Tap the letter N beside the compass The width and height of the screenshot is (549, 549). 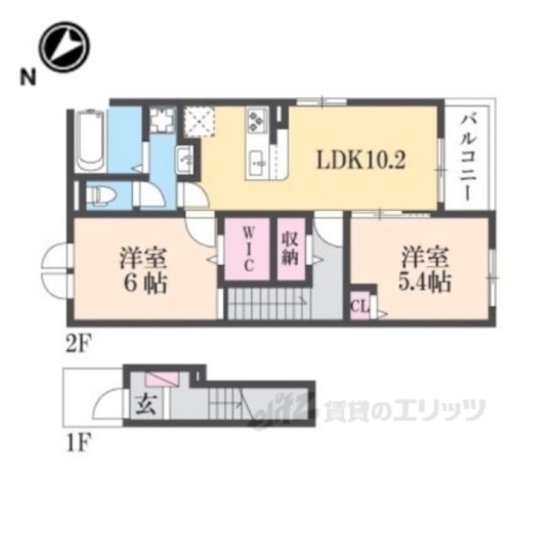click(28, 79)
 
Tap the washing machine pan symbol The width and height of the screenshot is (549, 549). click(161, 122)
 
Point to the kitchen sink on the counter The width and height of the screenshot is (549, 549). click(258, 160)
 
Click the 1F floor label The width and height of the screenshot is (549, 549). click(79, 443)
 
